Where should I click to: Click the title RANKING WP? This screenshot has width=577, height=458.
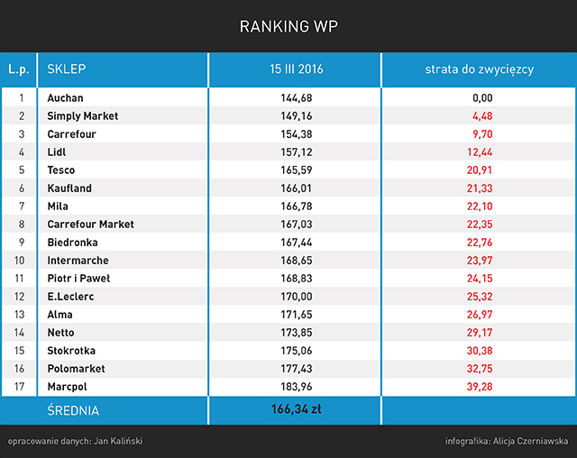click(288, 26)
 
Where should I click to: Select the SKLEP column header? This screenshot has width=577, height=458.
click(67, 69)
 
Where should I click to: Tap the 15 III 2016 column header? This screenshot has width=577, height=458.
click(297, 69)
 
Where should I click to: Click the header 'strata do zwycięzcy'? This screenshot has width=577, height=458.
click(479, 69)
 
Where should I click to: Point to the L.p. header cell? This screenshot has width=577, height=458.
click(19, 69)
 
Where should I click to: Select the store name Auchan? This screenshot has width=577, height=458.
click(65, 98)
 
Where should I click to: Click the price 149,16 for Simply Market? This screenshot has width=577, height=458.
click(297, 116)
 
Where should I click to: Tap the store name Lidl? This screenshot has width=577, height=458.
click(56, 152)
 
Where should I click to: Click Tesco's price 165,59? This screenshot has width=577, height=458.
click(297, 170)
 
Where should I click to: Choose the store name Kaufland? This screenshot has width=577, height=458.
click(69, 188)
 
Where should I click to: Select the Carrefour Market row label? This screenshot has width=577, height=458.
click(90, 224)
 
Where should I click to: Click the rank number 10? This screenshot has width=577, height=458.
click(19, 261)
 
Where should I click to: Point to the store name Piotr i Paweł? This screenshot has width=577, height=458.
click(78, 279)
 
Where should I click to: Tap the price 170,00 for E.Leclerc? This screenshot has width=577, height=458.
click(297, 297)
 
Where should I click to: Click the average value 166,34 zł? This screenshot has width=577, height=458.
click(297, 409)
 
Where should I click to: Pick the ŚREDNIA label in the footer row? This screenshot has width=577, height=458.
click(73, 410)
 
